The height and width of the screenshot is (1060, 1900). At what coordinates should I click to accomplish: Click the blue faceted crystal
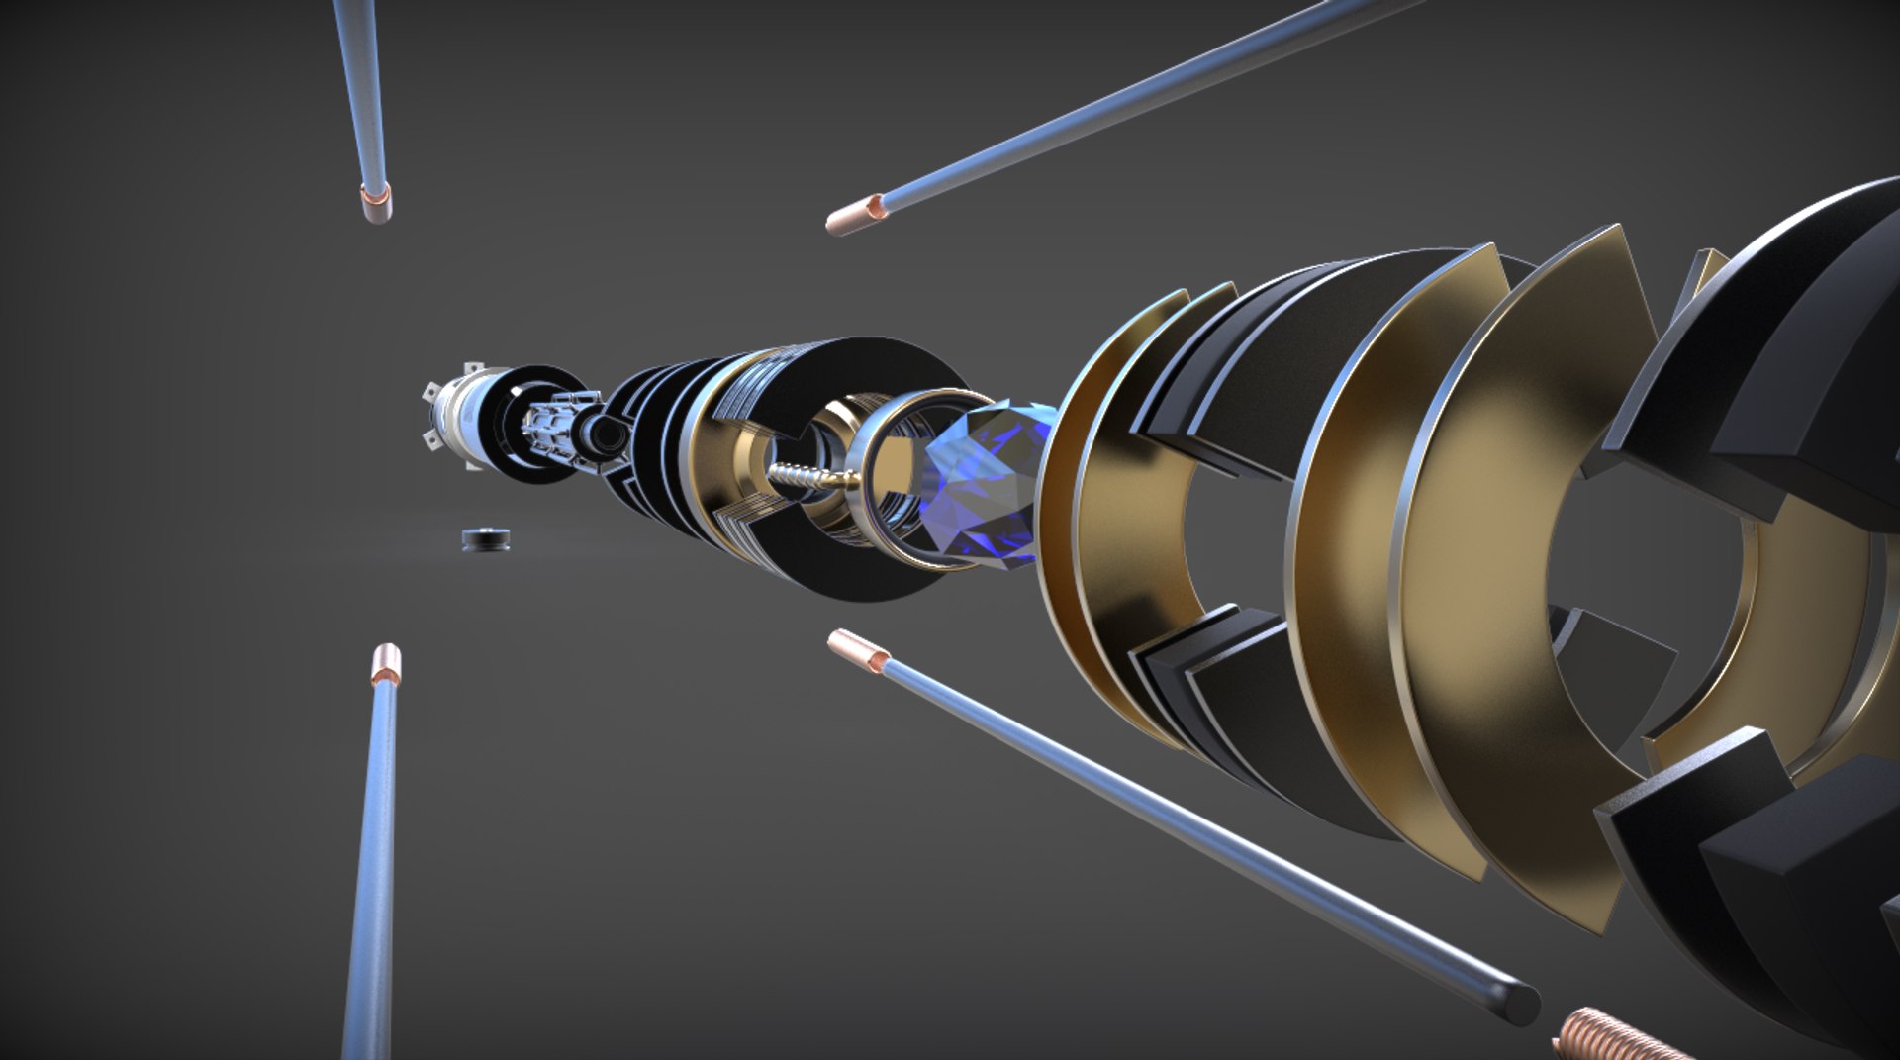[980, 485]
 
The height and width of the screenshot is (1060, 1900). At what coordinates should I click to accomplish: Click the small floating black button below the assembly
[486, 539]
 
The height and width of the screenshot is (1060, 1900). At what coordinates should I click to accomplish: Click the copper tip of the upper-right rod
[855, 216]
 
